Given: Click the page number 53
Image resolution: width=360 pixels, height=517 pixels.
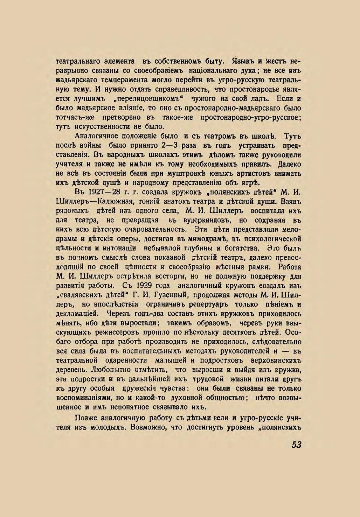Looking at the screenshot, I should tap(296, 445).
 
